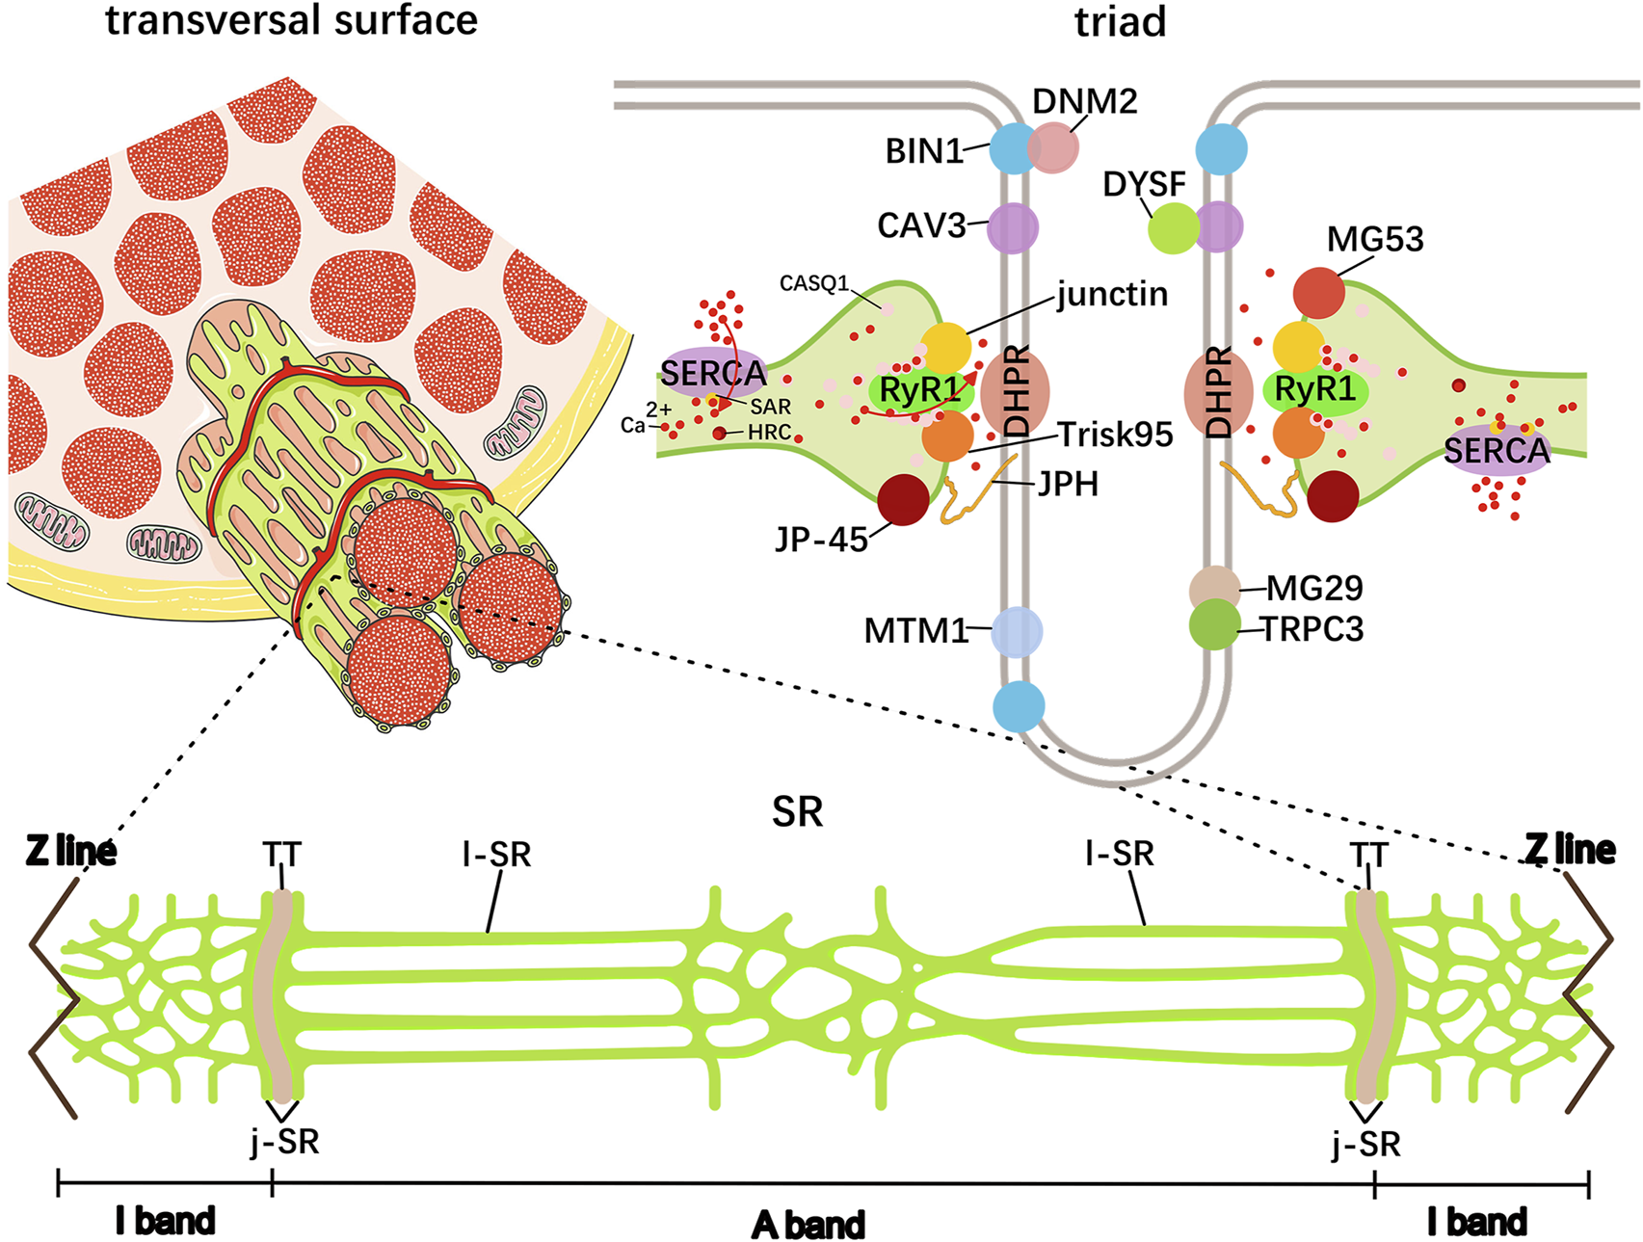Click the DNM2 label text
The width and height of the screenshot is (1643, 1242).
pos(1084,101)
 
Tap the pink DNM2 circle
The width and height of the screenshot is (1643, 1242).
pos(1052,147)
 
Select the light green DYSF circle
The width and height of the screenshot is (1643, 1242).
pos(1174,228)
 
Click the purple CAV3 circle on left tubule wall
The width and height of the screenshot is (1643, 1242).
pos(1012,227)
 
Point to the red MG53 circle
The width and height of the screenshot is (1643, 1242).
pos(1318,293)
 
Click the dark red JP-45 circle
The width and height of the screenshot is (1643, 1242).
pos(903,499)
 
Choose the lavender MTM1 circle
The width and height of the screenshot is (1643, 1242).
pos(1017,631)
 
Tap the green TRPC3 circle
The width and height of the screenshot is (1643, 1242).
pos(1214,624)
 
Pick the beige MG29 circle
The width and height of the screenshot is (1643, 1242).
pos(1214,587)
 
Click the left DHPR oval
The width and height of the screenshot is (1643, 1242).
pos(1015,392)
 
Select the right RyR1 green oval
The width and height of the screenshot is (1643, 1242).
pos(1314,390)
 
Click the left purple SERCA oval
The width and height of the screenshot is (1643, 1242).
pos(713,373)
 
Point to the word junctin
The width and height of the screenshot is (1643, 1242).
pos(1112,294)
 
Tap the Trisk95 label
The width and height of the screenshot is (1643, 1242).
pos(1116,435)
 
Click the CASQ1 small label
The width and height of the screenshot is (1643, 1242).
pos(813,283)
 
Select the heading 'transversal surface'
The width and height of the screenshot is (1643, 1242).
pos(291,20)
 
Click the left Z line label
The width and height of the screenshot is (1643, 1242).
pos(71,851)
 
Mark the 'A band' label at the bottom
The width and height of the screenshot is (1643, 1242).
pos(808,1225)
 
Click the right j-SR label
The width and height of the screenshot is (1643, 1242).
pos(1365,1144)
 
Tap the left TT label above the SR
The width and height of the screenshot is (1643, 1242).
pos(281,855)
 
